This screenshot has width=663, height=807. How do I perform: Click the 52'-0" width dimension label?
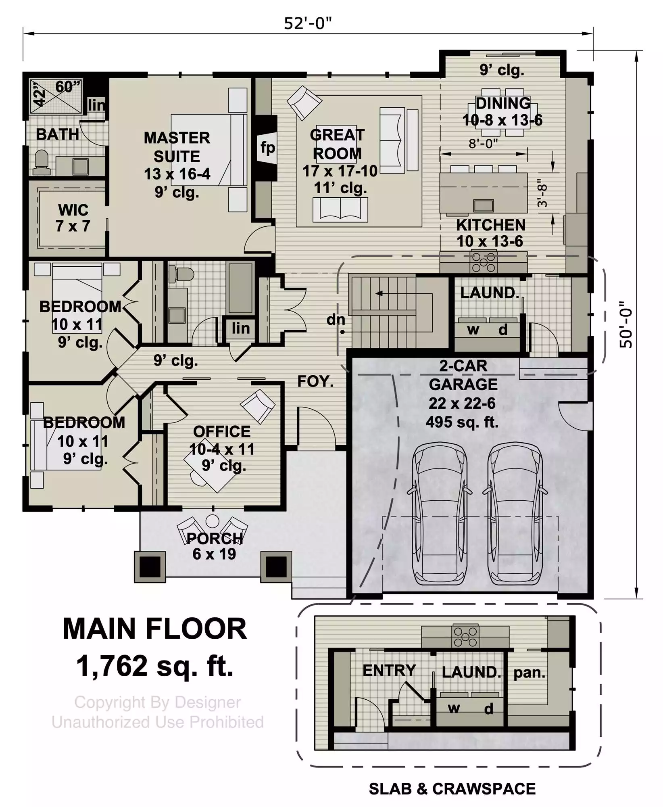307,23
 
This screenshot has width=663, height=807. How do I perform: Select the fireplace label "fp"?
267,148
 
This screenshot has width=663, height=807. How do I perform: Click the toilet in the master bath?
41,163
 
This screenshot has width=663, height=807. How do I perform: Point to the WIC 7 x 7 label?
73,218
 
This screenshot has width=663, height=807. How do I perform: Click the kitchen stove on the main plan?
484,261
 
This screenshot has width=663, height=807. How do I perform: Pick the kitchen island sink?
484,206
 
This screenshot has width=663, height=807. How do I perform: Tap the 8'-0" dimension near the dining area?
483,144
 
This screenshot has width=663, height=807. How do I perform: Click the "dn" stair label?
336,320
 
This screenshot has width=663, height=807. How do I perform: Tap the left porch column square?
150,567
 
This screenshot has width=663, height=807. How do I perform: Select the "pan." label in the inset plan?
529,672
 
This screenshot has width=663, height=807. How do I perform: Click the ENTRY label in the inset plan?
389,670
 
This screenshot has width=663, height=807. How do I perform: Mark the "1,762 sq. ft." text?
155,666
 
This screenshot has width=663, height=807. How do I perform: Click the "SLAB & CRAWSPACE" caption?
452,789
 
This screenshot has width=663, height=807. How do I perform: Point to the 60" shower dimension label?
68,86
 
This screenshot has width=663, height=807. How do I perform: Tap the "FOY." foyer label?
315,381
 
